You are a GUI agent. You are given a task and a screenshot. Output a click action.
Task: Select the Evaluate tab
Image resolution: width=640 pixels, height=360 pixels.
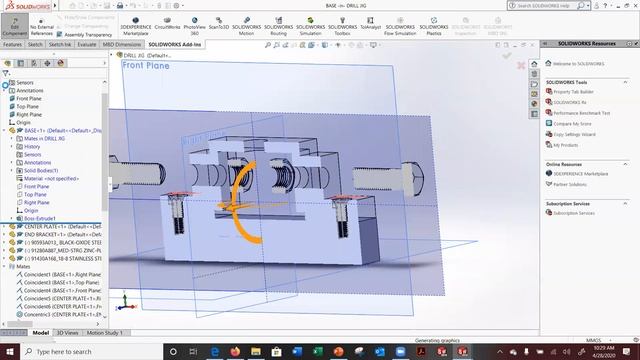[87, 45]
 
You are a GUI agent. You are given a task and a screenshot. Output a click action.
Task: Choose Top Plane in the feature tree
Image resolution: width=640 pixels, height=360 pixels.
[27, 107]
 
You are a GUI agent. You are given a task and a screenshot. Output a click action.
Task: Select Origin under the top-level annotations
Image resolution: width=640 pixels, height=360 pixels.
[23, 123]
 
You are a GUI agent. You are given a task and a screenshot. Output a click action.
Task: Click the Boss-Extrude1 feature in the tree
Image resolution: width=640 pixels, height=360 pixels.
[41, 218]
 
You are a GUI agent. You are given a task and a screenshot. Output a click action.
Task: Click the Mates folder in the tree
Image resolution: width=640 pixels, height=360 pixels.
[21, 267]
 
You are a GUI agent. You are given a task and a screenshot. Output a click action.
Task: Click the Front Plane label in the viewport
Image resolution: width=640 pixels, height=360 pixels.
[146, 66]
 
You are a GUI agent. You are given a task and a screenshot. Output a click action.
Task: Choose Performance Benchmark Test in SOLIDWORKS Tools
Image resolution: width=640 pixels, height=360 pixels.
[580, 113]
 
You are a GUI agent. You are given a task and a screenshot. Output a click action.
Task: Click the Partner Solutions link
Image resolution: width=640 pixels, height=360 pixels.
[571, 184]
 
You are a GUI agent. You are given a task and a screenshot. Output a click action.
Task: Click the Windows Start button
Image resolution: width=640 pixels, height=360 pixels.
[7, 352]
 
